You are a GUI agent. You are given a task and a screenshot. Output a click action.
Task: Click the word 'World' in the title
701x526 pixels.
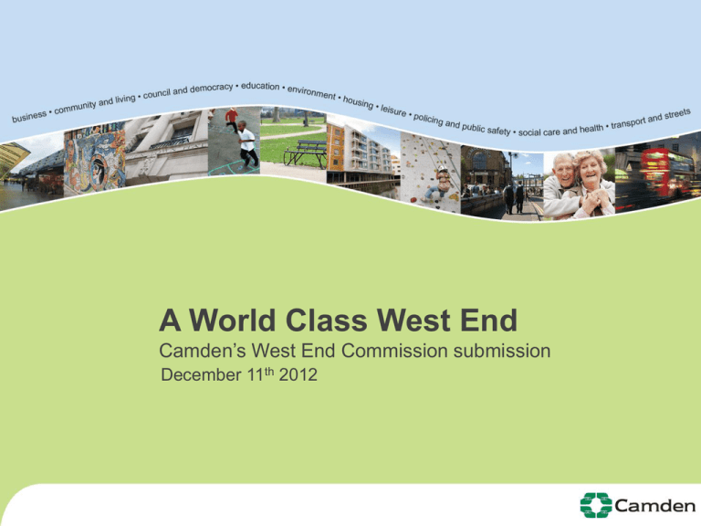(x=232, y=321)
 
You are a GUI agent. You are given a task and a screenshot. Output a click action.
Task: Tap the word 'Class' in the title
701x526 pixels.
(x=327, y=321)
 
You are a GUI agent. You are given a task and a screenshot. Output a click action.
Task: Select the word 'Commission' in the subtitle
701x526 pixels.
(x=394, y=351)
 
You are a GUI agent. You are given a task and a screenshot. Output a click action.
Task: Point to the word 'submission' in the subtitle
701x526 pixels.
(x=502, y=351)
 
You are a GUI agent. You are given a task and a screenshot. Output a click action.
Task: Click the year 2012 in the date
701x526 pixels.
(x=298, y=374)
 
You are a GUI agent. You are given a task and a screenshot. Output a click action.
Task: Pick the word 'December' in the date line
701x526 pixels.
(x=201, y=374)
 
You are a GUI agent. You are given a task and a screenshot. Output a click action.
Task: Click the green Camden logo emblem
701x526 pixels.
(x=596, y=505)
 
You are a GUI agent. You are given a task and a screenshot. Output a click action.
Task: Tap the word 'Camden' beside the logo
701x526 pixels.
(x=655, y=506)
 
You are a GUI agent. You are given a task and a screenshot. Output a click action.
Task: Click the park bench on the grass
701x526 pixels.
(x=306, y=153)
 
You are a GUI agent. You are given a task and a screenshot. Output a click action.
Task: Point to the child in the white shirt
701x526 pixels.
(x=247, y=144)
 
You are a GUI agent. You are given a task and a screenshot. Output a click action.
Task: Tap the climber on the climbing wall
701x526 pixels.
(x=439, y=184)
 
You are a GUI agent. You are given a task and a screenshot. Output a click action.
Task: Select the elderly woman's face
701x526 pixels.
(x=590, y=169)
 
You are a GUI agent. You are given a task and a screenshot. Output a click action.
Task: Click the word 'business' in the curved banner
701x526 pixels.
(x=29, y=116)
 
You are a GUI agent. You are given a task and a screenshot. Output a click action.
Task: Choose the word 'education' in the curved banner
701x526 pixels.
(x=260, y=86)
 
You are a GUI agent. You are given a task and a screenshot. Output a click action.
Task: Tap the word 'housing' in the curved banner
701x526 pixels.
(x=358, y=102)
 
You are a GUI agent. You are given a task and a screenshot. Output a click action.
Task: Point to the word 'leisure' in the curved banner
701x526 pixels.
(x=393, y=110)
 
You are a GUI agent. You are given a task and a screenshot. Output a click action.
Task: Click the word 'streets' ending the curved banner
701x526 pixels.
(x=677, y=114)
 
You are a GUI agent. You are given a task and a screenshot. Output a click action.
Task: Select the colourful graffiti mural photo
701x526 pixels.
(x=95, y=159)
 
